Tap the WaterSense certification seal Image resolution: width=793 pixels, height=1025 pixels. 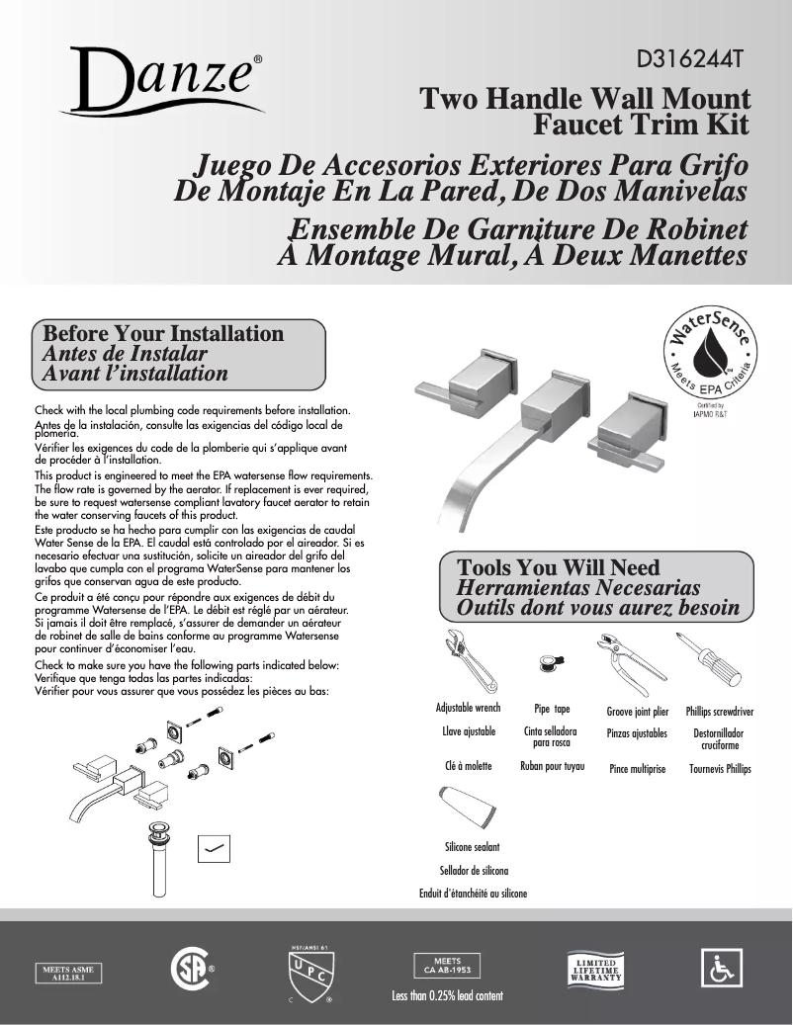708,357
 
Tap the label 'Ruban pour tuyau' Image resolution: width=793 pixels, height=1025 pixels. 553,766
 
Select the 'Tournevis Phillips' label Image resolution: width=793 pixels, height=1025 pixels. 720,768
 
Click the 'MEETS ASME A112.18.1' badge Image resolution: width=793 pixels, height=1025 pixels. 69,971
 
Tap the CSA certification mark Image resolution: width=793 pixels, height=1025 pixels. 190,968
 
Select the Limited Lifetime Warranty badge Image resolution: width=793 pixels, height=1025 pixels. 593,969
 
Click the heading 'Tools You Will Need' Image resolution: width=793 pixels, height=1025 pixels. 559,567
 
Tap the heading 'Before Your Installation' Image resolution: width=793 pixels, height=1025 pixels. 164,334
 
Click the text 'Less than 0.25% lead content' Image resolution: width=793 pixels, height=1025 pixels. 448,994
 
